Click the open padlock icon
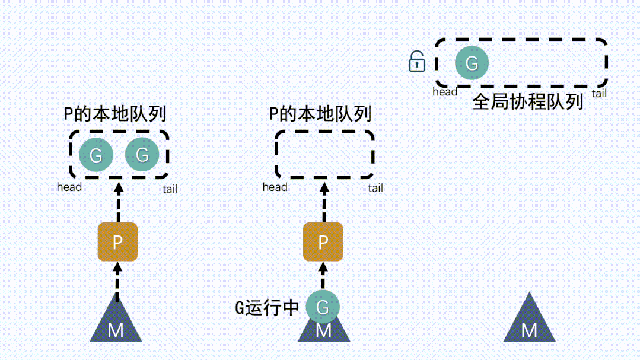(x=418, y=62)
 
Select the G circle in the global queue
(x=472, y=63)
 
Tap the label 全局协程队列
(x=527, y=101)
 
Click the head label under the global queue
(x=445, y=92)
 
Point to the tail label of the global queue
(x=599, y=93)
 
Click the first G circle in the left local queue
(x=95, y=155)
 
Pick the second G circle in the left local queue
(x=142, y=155)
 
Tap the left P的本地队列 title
(x=114, y=113)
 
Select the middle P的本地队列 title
(x=320, y=113)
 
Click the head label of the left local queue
(x=69, y=187)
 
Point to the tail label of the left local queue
(x=170, y=189)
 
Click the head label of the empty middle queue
(x=275, y=187)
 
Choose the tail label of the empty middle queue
(x=375, y=189)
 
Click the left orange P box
(x=117, y=242)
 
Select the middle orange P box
(x=323, y=242)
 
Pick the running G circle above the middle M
(x=323, y=307)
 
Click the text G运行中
(x=267, y=308)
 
